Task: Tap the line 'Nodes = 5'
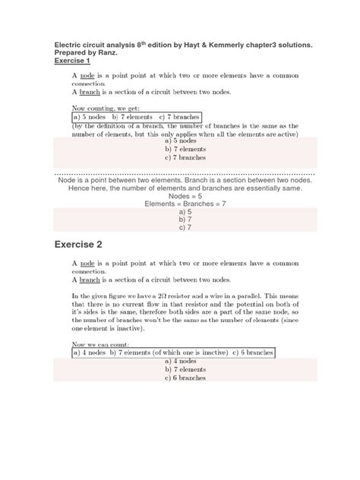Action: click(x=179, y=195)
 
